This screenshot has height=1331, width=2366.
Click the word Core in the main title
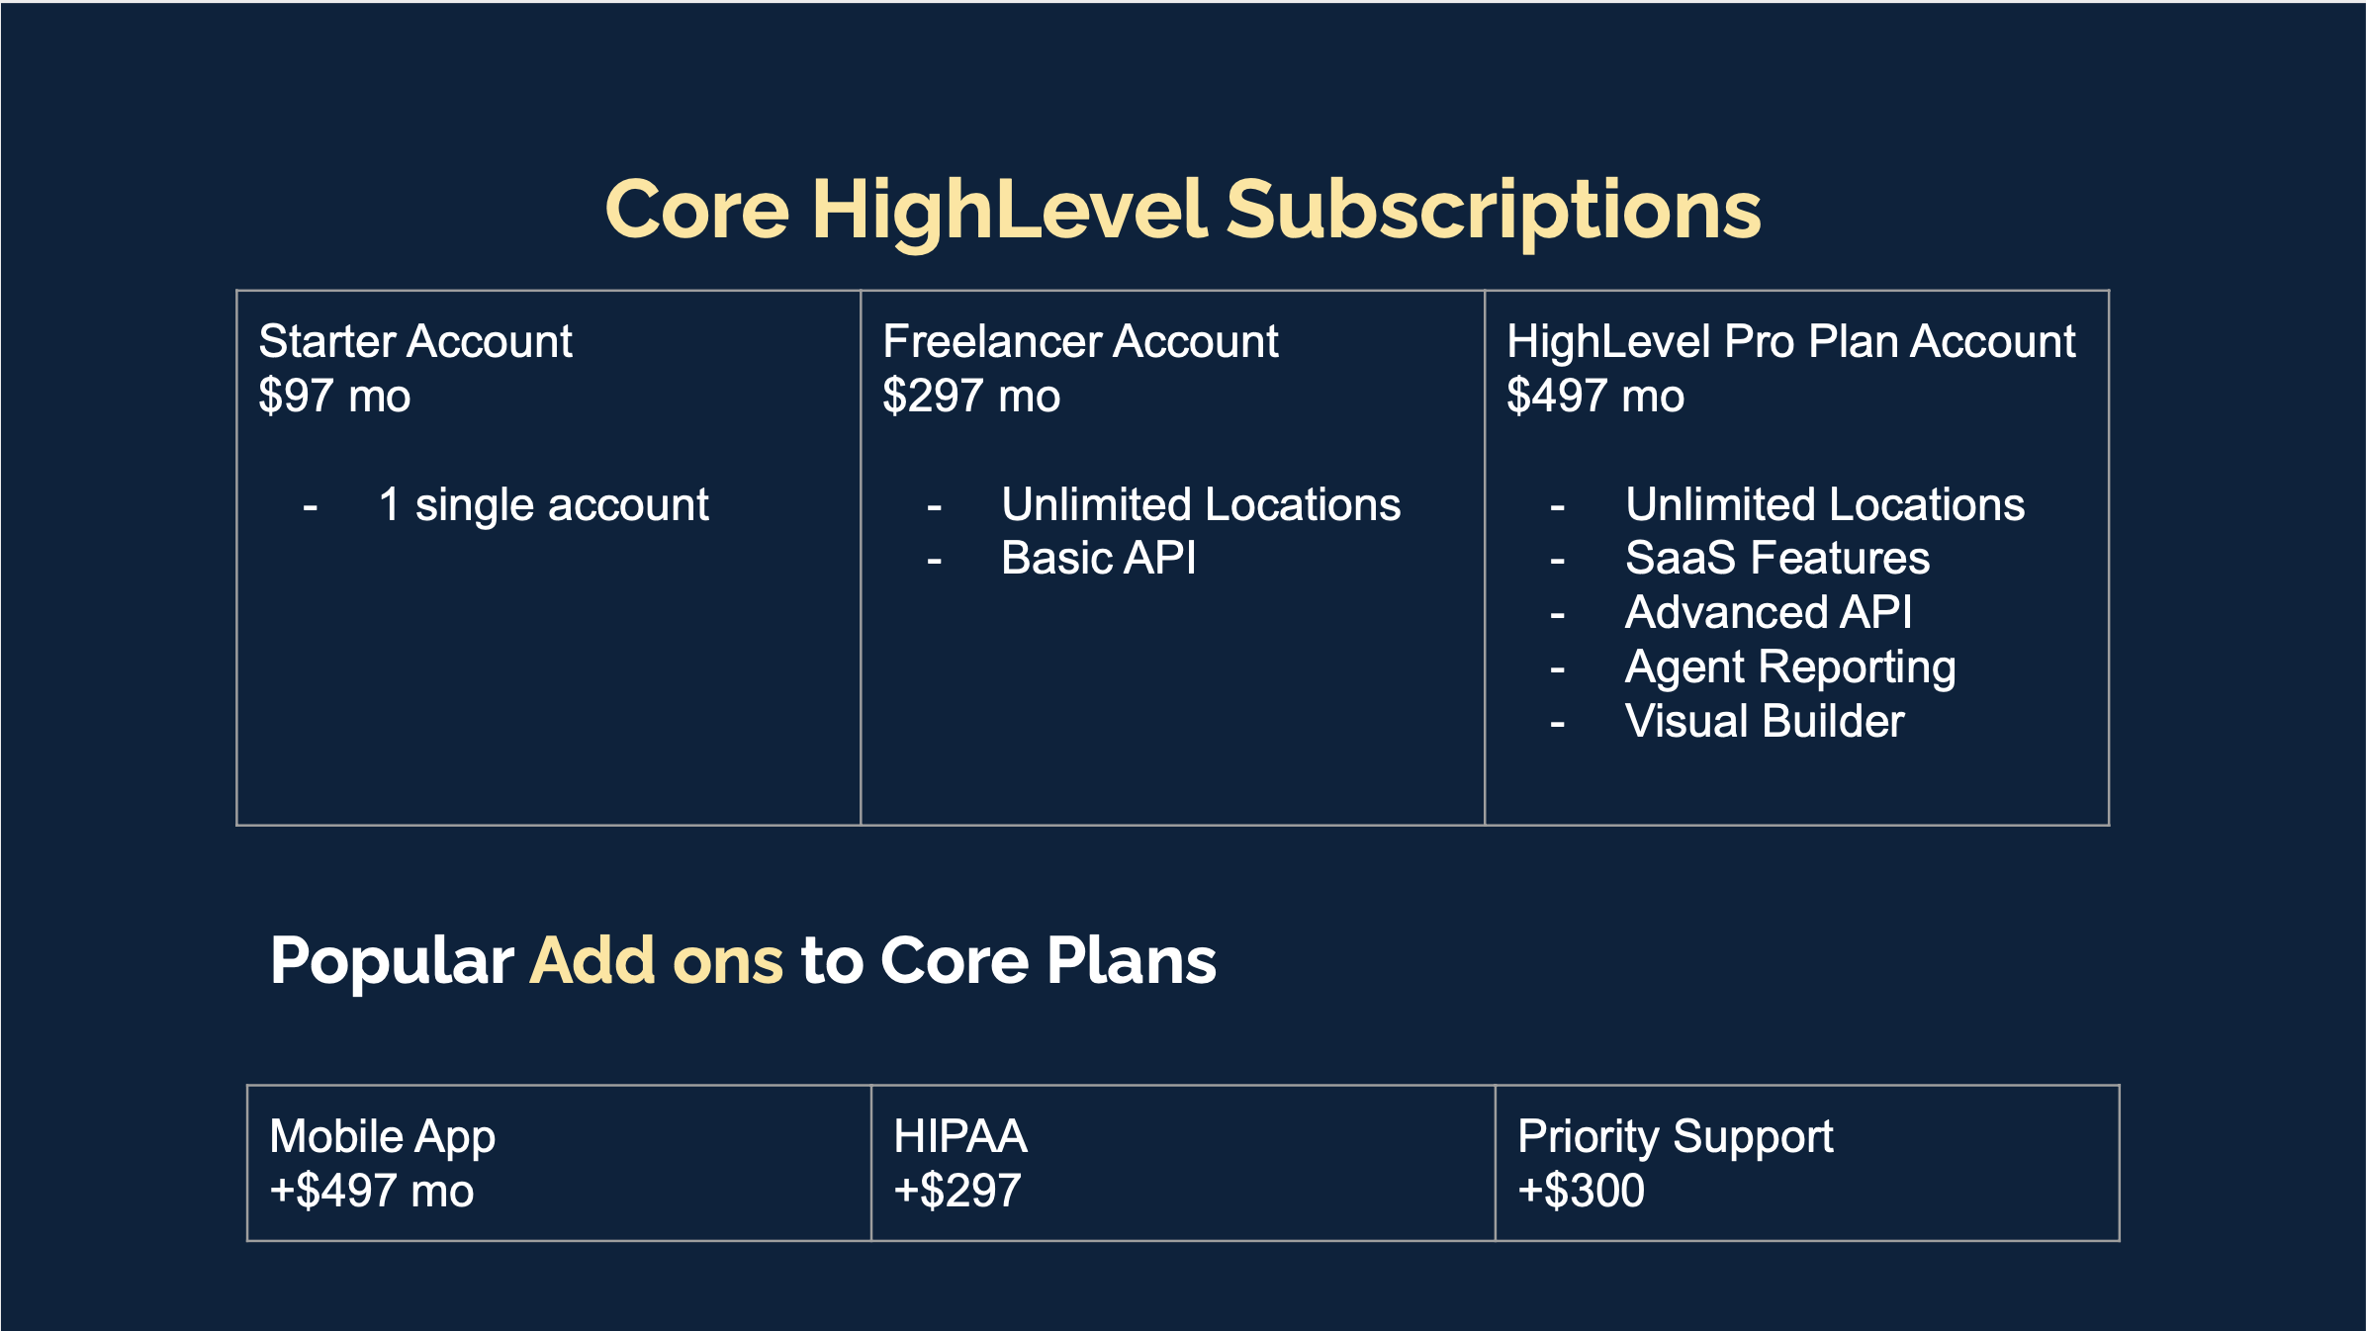pyautogui.click(x=697, y=210)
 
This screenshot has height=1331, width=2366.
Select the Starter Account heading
pyautogui.click(x=415, y=342)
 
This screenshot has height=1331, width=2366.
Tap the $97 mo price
pyautogui.click(x=334, y=397)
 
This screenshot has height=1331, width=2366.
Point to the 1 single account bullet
pyautogui.click(x=544, y=505)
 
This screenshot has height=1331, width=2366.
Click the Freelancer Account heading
pyautogui.click(x=1080, y=342)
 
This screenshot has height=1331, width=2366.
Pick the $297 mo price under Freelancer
pyautogui.click(x=971, y=397)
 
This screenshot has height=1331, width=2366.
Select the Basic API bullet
pyautogui.click(x=1098, y=559)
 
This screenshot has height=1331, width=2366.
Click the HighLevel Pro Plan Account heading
pyautogui.click(x=1791, y=342)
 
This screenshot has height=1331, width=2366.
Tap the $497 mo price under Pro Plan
pyautogui.click(x=1595, y=397)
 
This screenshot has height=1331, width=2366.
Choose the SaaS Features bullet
pyautogui.click(x=1777, y=559)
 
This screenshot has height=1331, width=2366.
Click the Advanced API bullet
pyautogui.click(x=1769, y=613)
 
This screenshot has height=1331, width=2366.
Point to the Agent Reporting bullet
pyautogui.click(x=1790, y=668)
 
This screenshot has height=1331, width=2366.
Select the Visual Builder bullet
pyautogui.click(x=1765, y=722)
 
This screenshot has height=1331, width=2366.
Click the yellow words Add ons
pyautogui.click(x=657, y=961)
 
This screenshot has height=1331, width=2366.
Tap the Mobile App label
pyautogui.click(x=382, y=1138)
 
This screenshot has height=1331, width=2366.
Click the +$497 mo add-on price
pyautogui.click(x=372, y=1192)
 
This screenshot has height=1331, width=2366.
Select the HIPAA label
pyautogui.click(x=960, y=1137)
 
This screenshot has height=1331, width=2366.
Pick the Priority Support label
pyautogui.click(x=1676, y=1138)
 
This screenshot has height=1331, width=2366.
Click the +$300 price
pyautogui.click(x=1581, y=1192)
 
